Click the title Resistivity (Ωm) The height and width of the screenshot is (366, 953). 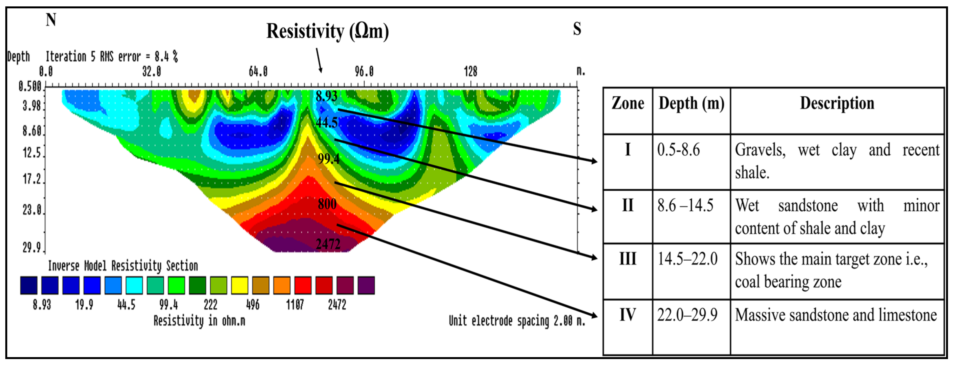click(327, 31)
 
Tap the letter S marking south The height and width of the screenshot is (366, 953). click(577, 29)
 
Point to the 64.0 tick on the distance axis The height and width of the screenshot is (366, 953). click(258, 71)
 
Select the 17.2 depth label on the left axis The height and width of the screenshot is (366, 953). click(32, 179)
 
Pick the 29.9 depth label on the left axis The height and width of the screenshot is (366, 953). click(32, 247)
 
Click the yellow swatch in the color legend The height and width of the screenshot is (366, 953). click(239, 285)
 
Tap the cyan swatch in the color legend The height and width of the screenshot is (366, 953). click(134, 285)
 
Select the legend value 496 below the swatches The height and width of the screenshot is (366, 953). click(253, 305)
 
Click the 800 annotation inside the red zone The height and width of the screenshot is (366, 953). click(327, 204)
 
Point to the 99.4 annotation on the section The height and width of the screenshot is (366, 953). click(329, 159)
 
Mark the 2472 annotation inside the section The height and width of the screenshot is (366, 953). click(328, 244)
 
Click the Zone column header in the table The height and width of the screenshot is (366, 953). click(628, 103)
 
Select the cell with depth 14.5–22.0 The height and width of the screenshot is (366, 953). click(687, 259)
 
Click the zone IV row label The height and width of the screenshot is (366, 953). click(628, 315)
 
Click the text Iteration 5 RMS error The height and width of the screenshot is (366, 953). click(111, 57)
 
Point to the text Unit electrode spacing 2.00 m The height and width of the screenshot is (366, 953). click(517, 320)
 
